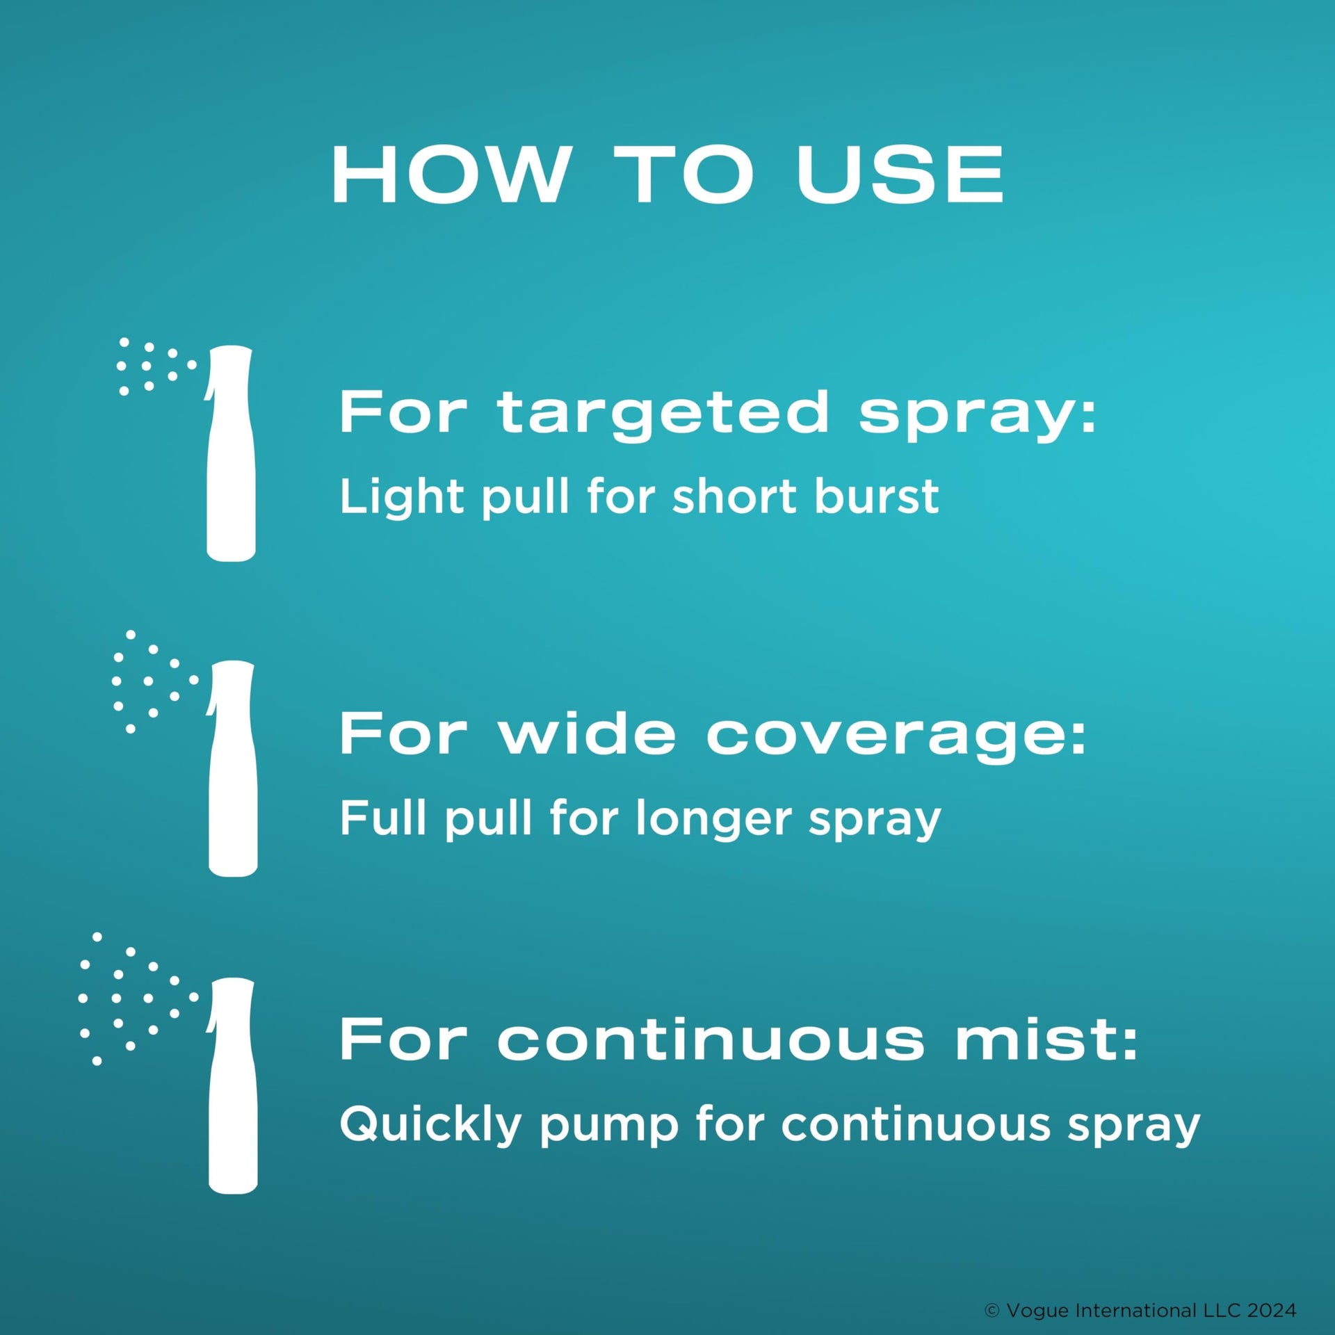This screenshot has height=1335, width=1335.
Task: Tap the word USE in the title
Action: point(900,175)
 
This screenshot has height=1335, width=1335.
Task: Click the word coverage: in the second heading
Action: point(896,738)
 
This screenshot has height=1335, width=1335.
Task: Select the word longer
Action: point(713,821)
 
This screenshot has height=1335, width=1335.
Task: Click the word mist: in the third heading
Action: point(1046,1040)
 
